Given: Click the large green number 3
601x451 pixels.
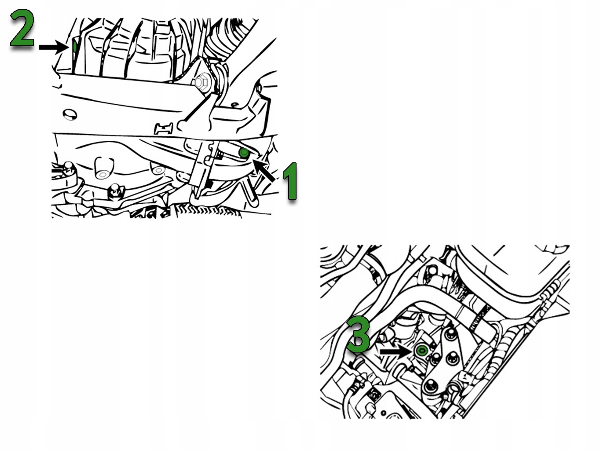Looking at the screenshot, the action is (x=359, y=334).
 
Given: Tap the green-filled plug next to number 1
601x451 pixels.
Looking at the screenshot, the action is (x=244, y=153).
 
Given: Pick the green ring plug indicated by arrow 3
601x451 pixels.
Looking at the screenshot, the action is (x=421, y=351).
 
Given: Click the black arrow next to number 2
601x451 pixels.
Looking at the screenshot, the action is (x=53, y=47).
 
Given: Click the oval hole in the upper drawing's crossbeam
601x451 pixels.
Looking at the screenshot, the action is (x=70, y=114).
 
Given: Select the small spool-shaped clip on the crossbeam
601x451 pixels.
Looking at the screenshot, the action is (x=164, y=129).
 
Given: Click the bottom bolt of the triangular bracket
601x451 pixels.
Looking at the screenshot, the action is (x=429, y=387).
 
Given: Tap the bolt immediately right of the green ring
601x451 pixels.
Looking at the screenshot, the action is (x=435, y=359).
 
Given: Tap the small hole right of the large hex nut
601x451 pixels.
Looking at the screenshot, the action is (x=234, y=105).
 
